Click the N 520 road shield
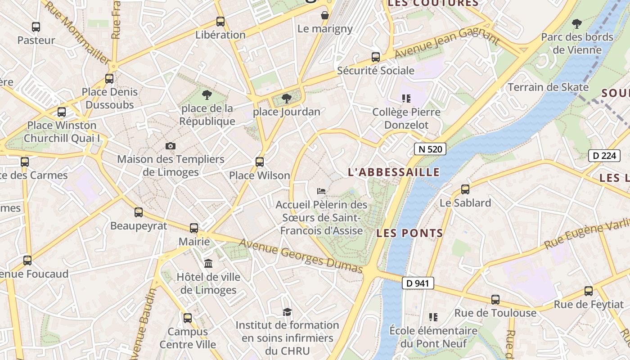(430, 149)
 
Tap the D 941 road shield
(418, 283)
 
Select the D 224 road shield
(604, 156)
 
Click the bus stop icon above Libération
(220, 21)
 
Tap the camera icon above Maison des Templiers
(170, 146)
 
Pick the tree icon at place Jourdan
(286, 99)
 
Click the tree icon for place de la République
(207, 94)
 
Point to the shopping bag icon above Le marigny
(325, 16)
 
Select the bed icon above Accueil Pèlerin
(321, 191)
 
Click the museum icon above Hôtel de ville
(208, 263)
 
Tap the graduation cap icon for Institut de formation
(287, 312)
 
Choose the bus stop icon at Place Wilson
(260, 162)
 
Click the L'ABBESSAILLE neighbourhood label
(394, 172)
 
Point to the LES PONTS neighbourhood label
(409, 233)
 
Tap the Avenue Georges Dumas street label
(301, 256)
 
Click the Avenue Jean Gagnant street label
(447, 43)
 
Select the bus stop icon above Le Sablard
(465, 189)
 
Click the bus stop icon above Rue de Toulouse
(495, 299)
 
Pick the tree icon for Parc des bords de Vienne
(577, 23)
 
